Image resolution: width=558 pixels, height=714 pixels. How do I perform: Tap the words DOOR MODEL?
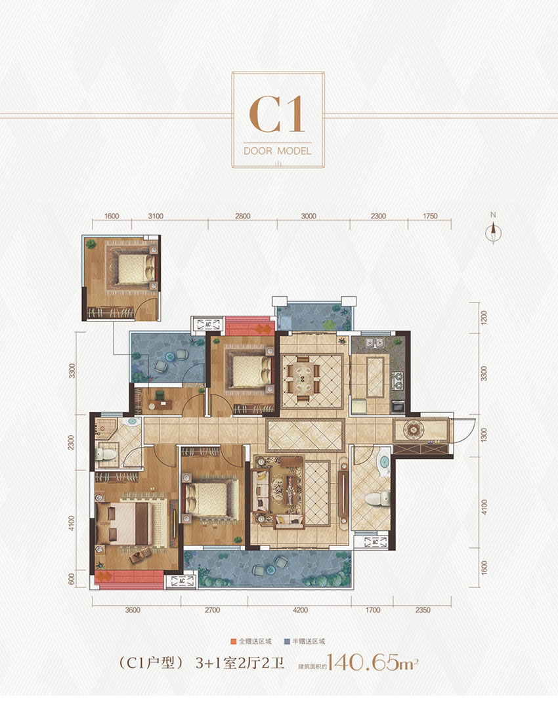[x=278, y=151]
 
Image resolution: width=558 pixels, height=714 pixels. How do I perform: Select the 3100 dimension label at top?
[x=156, y=217]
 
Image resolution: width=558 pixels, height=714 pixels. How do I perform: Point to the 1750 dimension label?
[x=429, y=217]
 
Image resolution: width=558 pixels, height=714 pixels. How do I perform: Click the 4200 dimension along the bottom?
[x=300, y=610]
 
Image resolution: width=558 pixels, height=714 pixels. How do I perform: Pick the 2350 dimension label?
[x=423, y=610]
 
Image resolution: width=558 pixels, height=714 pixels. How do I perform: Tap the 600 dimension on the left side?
[x=71, y=579]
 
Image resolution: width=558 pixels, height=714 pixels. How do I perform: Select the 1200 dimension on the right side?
[x=484, y=318]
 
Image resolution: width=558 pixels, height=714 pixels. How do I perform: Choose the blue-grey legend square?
[x=287, y=642]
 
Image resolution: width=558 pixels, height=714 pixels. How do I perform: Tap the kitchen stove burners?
[x=398, y=381]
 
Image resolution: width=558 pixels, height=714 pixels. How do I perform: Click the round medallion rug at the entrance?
[x=413, y=429]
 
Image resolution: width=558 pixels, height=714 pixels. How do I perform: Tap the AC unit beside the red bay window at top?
[x=208, y=325]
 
